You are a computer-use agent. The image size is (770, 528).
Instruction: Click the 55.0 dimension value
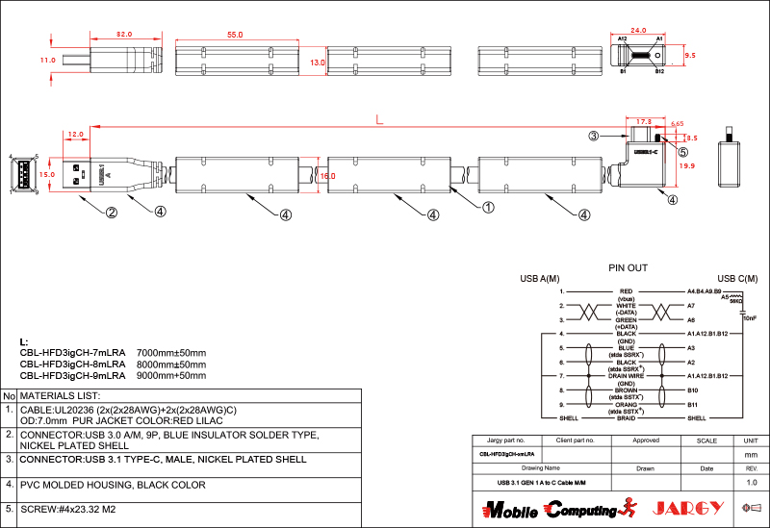(235, 35)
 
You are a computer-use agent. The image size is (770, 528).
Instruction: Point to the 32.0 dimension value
(124, 35)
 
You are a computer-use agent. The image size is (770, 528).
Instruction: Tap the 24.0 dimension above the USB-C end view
(639, 30)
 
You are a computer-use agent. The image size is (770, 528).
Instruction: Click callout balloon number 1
(488, 207)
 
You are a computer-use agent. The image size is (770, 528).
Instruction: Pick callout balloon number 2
(112, 214)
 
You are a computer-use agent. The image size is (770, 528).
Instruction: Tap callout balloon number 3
(596, 138)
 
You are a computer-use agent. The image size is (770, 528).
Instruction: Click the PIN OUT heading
(628, 268)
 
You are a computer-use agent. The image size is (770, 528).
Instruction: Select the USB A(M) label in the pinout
(540, 279)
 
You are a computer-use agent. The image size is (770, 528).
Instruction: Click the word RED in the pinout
(627, 290)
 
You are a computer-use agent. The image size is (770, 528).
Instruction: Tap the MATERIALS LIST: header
(61, 395)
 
